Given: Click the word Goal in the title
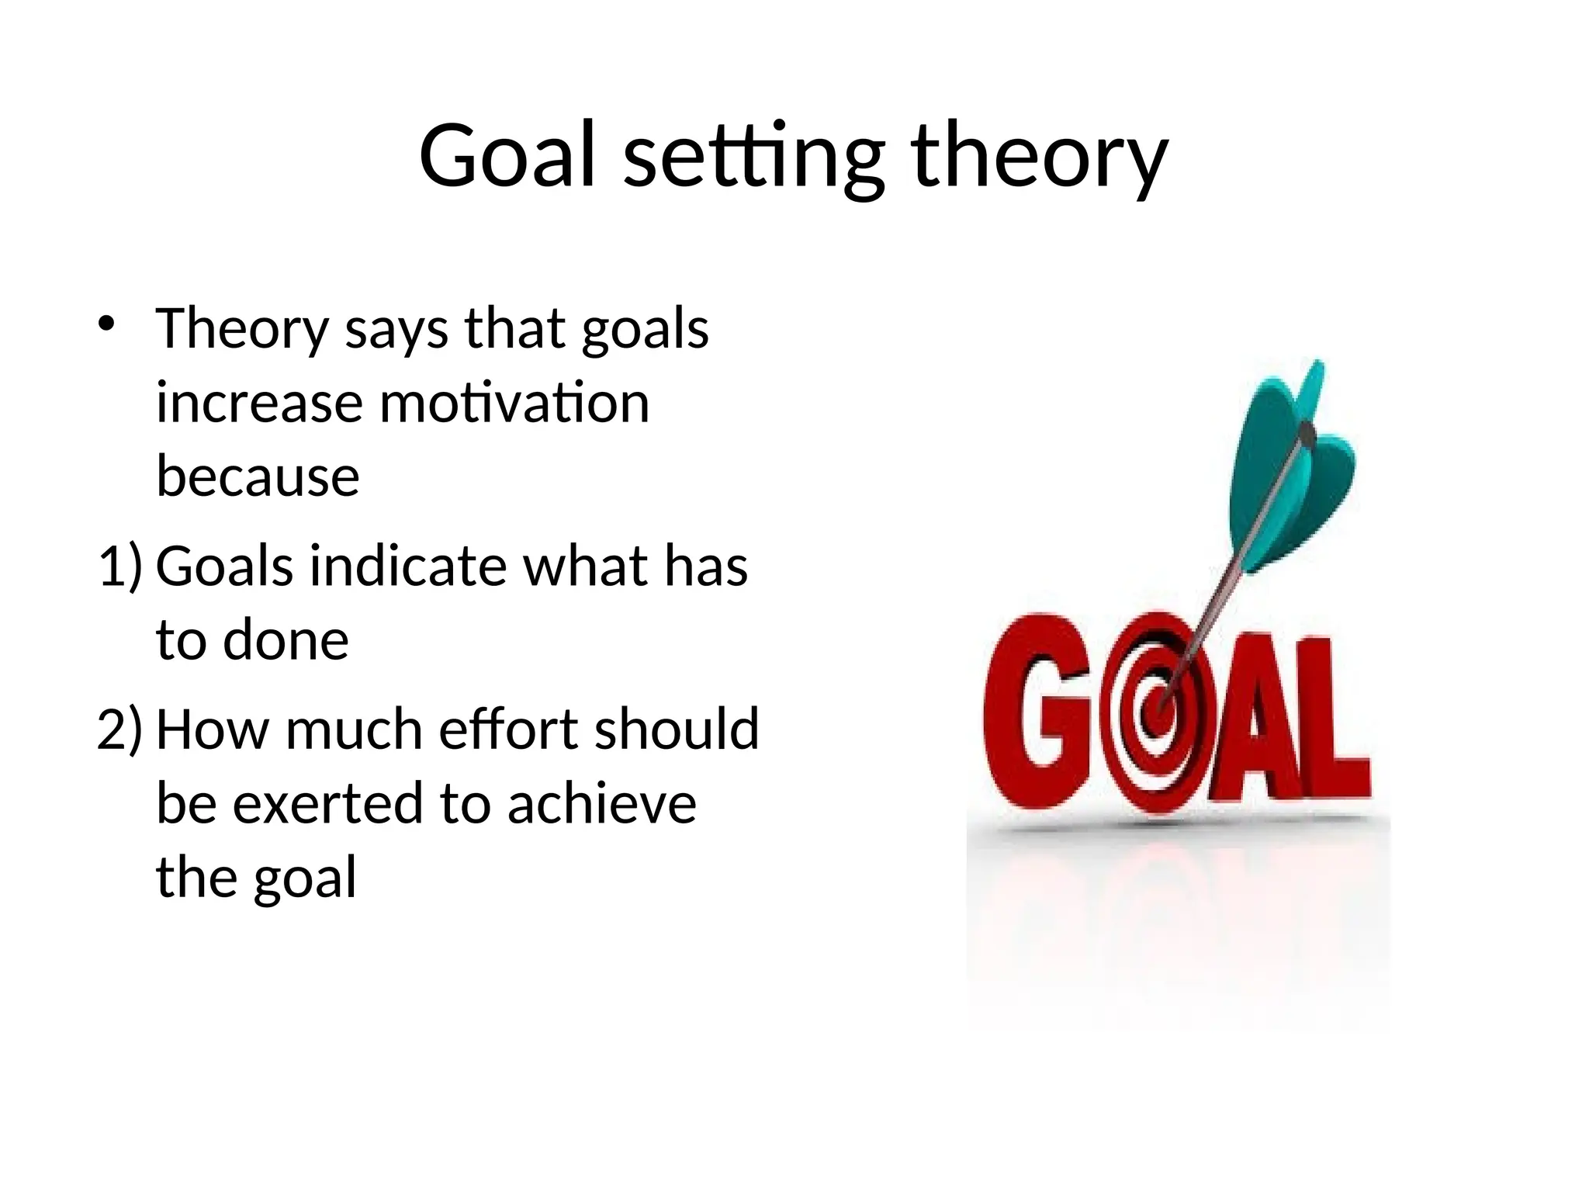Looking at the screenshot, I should (508, 155).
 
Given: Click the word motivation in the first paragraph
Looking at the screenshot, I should (514, 404).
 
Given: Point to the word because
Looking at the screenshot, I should (258, 476).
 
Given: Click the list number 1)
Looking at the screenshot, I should (120, 566).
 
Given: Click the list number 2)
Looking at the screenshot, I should (120, 729).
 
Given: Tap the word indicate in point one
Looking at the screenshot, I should (408, 566).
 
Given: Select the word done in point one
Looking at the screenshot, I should (286, 640).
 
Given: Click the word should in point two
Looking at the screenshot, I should (677, 729).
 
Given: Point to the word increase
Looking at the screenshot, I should (259, 404).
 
